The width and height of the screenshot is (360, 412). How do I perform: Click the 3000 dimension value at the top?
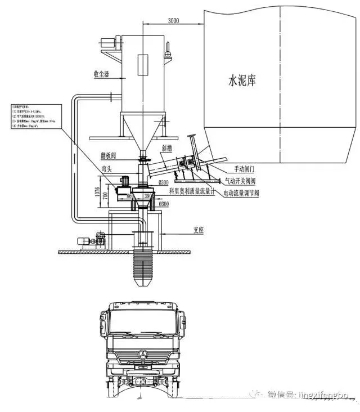point(173,21)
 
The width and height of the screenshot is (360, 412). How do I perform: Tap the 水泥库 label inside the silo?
point(242,81)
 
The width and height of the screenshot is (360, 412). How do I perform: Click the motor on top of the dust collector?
point(108,42)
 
